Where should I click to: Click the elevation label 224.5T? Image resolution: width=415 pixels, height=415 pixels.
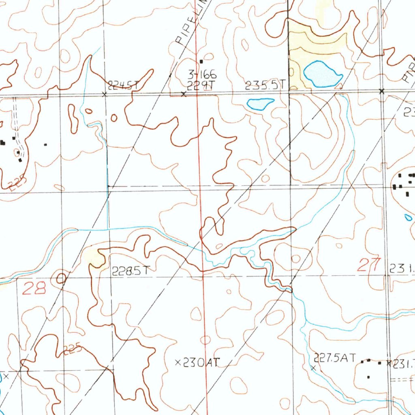pos(123,85)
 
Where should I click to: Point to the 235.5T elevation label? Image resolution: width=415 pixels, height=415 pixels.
pos(265,85)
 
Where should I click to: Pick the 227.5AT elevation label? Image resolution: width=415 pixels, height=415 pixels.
pos(335,358)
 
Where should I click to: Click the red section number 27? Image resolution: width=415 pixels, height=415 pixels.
pos(369,265)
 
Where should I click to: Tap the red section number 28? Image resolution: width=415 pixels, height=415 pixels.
pos(34,289)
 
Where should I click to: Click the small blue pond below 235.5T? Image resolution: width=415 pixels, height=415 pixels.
pos(260,104)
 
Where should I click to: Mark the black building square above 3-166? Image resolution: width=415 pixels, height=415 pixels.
pos(201,62)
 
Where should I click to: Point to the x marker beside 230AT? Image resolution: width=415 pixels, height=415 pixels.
pos(178,363)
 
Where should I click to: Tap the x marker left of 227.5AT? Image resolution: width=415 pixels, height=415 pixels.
pos(313,368)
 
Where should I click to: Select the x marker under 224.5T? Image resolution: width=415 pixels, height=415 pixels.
pos(105,94)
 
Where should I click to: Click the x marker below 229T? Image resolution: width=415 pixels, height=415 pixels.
pos(184,94)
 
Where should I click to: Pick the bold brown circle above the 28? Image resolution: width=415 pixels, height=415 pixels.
pos(61,278)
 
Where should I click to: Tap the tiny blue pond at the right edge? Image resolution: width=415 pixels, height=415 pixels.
pos(408,218)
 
